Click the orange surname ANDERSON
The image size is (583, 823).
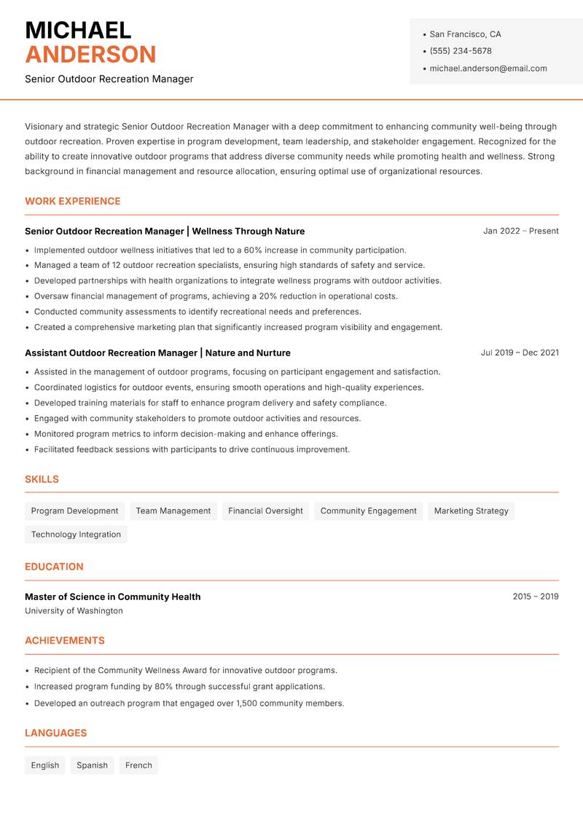tap(90, 55)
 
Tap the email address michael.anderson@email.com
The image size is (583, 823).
tap(488, 68)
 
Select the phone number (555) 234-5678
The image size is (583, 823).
tap(461, 51)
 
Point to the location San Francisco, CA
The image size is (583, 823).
tap(465, 34)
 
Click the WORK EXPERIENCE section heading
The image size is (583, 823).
tap(73, 201)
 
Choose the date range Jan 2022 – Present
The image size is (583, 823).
tap(520, 231)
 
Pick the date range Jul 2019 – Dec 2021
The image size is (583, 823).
tap(520, 353)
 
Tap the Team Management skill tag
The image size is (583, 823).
tap(173, 511)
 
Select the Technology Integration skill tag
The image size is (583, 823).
tap(76, 534)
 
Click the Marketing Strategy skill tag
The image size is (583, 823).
tap(471, 511)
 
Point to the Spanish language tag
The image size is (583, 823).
tap(92, 765)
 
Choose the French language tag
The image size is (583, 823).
tap(138, 765)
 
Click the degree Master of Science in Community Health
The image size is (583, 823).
tap(112, 596)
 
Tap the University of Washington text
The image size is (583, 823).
tap(74, 610)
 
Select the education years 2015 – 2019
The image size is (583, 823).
tap(535, 596)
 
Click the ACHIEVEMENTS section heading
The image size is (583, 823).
tap(65, 640)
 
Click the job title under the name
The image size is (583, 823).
tap(109, 79)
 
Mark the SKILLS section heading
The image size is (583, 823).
tap(42, 479)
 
